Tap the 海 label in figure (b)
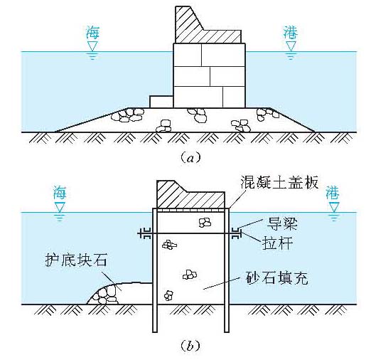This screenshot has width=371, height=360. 60,192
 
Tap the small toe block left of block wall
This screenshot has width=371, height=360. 161,101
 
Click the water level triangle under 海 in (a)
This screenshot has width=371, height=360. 91,47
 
